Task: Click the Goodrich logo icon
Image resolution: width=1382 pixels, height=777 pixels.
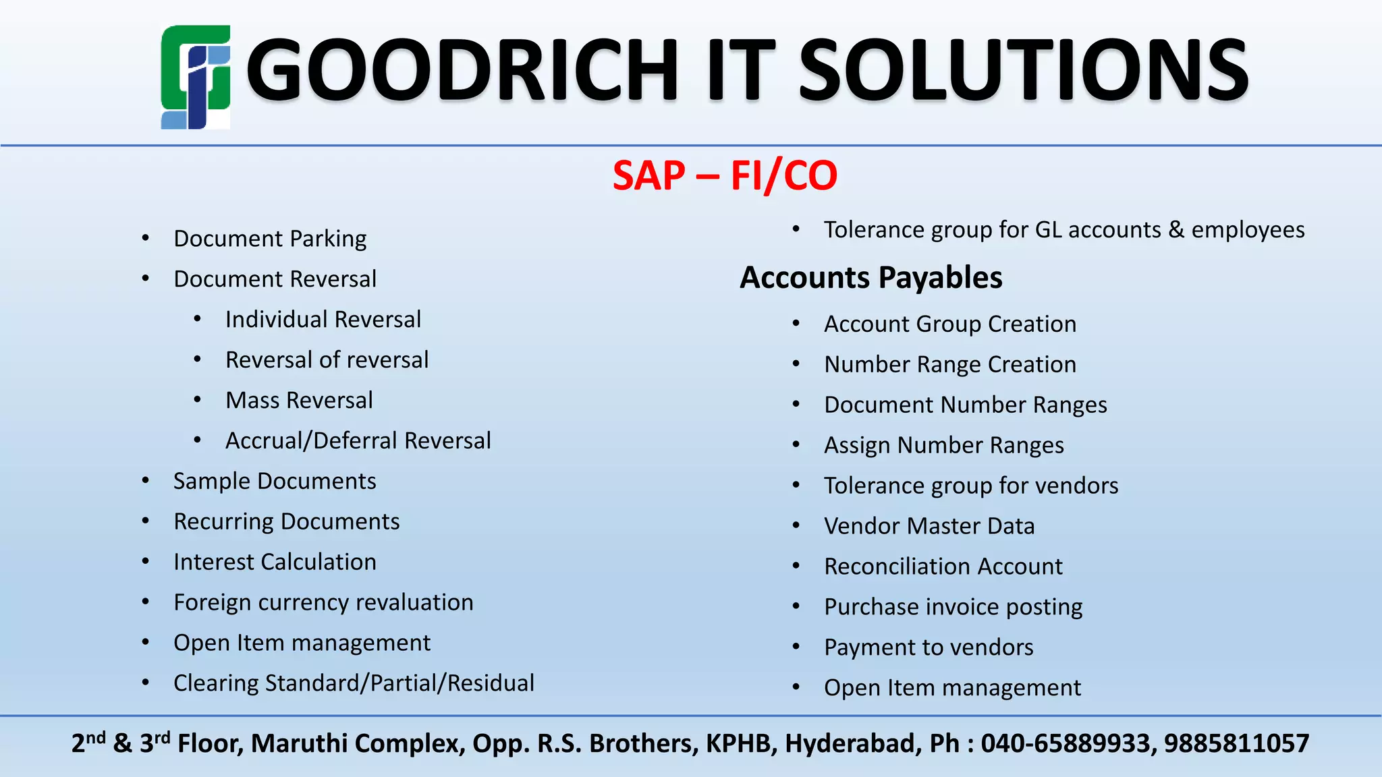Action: click(x=196, y=77)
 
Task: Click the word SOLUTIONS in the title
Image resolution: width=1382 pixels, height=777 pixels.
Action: click(x=1024, y=71)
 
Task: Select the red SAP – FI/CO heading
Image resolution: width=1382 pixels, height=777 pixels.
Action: click(x=725, y=175)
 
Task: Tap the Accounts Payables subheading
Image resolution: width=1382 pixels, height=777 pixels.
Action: click(x=870, y=278)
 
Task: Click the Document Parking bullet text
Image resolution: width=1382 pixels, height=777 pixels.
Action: click(x=270, y=239)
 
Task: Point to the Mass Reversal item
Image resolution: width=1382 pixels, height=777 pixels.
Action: click(x=299, y=401)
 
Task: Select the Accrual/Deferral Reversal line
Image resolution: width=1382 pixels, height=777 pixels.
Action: click(x=358, y=441)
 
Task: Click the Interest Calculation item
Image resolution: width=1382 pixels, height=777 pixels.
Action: click(x=275, y=563)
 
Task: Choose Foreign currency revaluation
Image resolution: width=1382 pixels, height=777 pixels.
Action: click(x=323, y=603)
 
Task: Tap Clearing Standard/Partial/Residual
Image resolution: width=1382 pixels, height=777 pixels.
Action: click(x=354, y=683)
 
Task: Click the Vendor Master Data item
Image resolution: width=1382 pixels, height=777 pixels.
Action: click(x=929, y=526)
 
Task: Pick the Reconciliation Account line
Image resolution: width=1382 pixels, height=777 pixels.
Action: click(x=943, y=567)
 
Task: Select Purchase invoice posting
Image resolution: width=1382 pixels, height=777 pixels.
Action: click(x=953, y=607)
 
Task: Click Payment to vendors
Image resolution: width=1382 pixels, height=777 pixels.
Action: click(x=929, y=647)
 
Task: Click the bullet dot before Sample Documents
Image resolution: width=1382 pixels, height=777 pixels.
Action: click(x=146, y=481)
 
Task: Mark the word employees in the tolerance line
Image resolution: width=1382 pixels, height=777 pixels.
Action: click(x=1248, y=230)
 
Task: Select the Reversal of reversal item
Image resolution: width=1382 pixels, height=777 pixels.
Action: click(x=327, y=360)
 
